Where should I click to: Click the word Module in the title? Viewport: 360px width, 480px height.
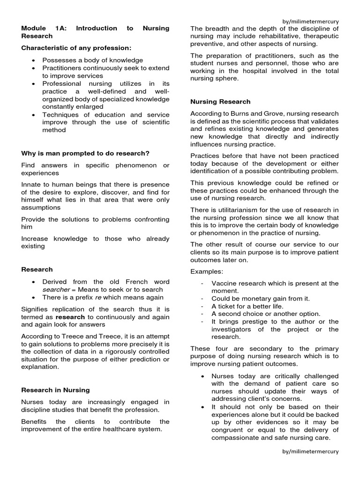point(34,28)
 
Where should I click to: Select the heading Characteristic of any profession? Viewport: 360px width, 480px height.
point(76,48)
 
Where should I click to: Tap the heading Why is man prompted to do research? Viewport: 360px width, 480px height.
point(85,153)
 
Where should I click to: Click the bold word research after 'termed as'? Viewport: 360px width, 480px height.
point(71,317)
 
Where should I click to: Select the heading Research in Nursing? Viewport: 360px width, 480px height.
point(55,390)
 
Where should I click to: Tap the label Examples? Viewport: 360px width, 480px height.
point(207,271)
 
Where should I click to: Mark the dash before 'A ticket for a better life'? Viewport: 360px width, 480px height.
point(202,306)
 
